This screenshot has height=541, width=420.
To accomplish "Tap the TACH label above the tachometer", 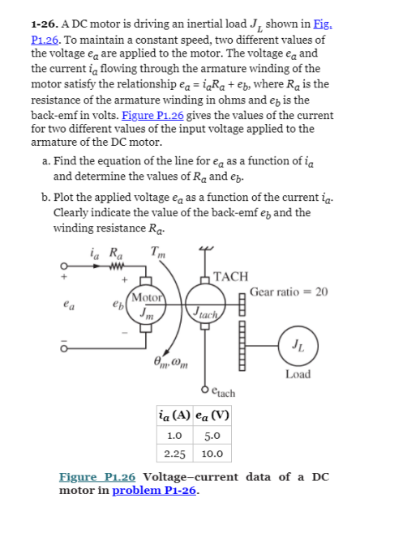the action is pyautogui.click(x=231, y=276).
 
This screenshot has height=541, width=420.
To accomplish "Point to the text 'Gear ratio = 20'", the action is pyautogui.click(x=289, y=292).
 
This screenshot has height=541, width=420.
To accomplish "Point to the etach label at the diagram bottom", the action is pyautogui.click(x=222, y=393).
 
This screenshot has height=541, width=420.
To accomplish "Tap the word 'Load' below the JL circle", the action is pyautogui.click(x=298, y=375).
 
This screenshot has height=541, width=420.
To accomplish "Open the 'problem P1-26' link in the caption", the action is pyautogui.click(x=155, y=490).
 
